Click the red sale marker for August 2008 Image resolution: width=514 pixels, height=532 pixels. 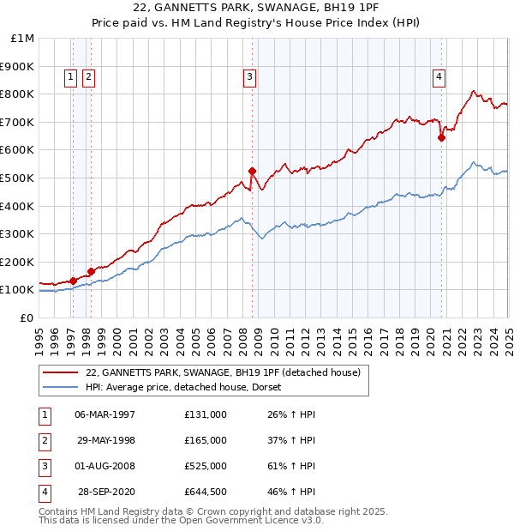coord(252,171)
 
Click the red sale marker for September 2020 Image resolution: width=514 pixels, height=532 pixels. coord(441,137)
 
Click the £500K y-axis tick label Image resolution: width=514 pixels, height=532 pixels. coord(18,178)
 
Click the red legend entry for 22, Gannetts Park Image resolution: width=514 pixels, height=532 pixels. coord(223,372)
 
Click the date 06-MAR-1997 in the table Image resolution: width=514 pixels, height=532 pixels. coord(105,414)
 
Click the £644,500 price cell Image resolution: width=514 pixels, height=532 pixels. coord(206,493)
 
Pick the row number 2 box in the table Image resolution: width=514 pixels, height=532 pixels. coord(44,440)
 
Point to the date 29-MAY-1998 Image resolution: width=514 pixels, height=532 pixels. coord(105,440)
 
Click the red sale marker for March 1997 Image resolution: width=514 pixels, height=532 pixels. coord(74,281)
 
